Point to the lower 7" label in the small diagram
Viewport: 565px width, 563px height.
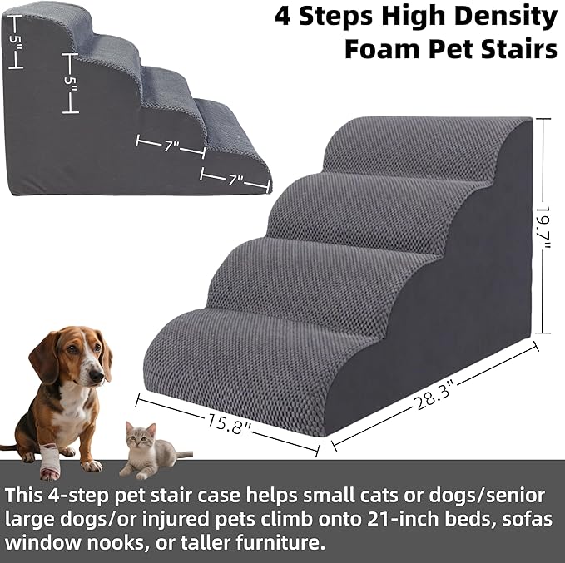pos(235,177)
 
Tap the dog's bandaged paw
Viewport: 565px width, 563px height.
pos(49,461)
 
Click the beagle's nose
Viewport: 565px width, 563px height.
pos(99,376)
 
